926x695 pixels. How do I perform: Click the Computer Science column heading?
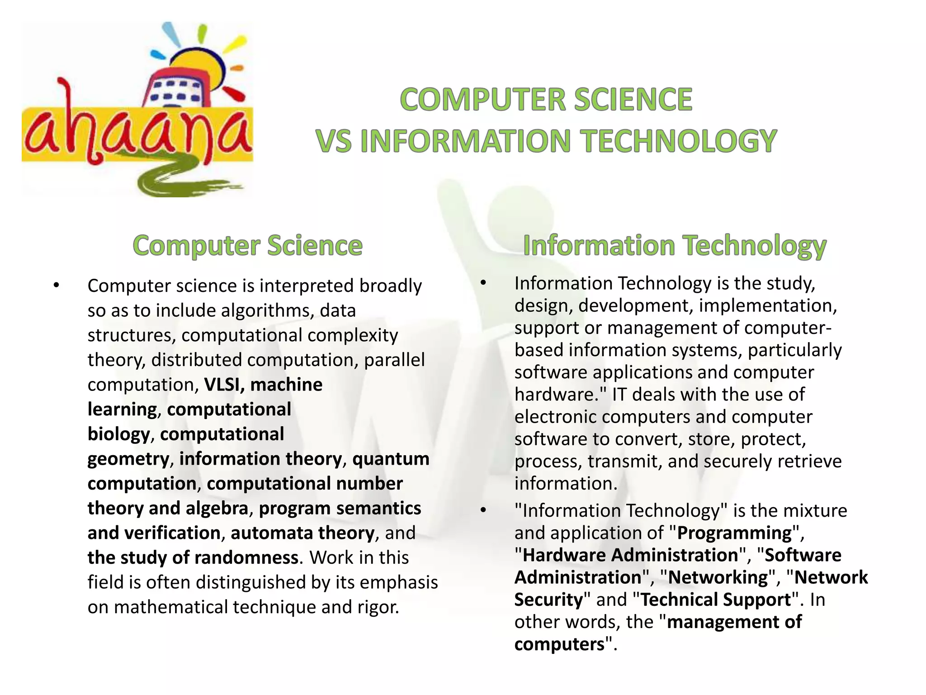[x=247, y=246]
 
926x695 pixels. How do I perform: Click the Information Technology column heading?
[x=675, y=246]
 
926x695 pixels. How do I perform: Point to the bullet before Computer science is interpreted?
[x=56, y=286]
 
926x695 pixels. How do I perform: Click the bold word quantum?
[x=391, y=459]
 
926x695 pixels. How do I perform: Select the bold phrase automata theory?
[x=302, y=533]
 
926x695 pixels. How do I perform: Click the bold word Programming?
[x=735, y=533]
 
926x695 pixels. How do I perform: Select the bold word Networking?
[x=718, y=577]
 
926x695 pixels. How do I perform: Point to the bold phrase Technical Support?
[x=716, y=600]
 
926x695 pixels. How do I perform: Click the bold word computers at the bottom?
[x=559, y=644]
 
